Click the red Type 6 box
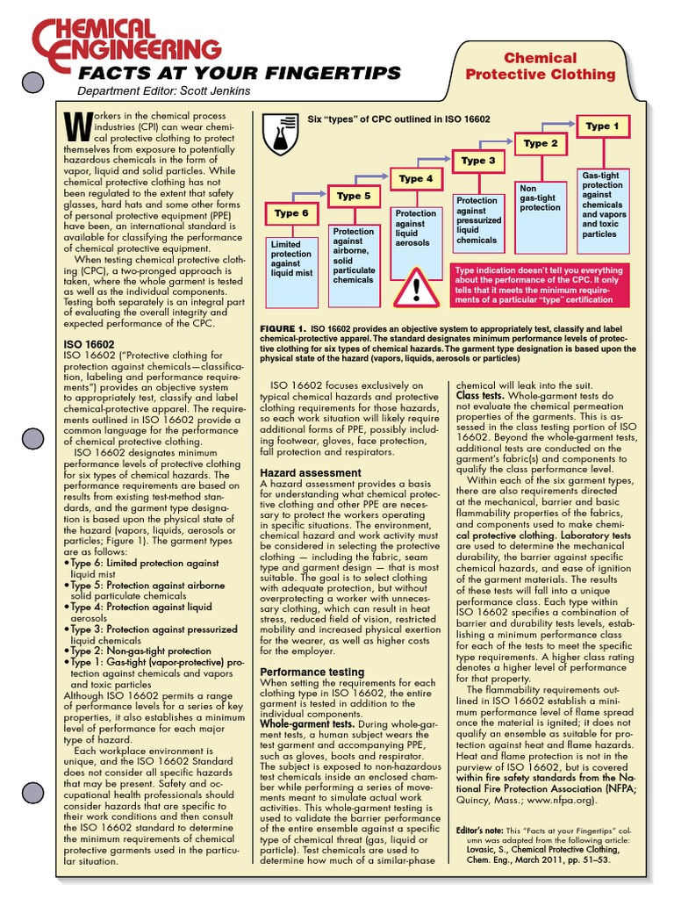tap(292, 213)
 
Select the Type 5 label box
tap(354, 196)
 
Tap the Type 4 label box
tap(416, 178)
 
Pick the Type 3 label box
tap(478, 161)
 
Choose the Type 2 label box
tap(541, 143)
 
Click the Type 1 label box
tap(602, 126)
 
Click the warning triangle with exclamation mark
tap(417, 286)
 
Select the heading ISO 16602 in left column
tap(90, 344)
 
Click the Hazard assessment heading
tap(311, 473)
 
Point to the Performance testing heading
tap(312, 672)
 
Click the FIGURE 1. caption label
tap(282, 328)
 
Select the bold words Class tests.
tap(479, 397)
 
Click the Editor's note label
tap(482, 831)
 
